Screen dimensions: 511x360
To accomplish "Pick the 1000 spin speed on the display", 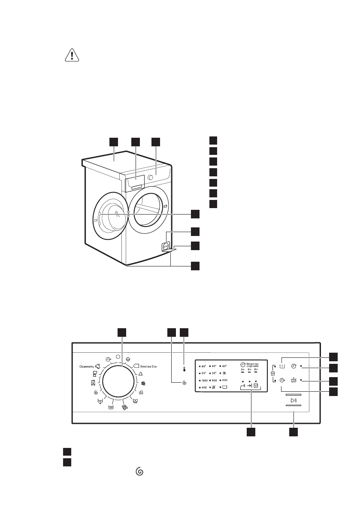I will click(204, 381).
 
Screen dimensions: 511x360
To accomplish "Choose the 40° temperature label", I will click(224, 366).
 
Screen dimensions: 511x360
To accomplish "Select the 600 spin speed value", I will click(225, 381).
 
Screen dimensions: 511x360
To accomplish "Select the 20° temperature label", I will click(214, 373).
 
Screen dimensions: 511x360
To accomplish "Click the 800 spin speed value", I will click(214, 381).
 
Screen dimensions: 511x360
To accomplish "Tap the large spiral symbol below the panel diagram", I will click(139, 471).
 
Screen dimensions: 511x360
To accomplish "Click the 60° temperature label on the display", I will click(214, 366).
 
